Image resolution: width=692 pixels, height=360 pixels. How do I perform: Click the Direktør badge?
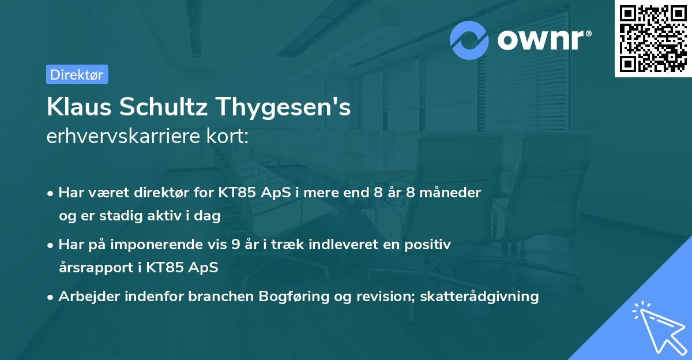tap(77, 75)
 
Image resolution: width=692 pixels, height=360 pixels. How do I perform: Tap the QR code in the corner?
tap(653, 38)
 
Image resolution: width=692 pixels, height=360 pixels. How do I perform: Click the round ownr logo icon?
tap(469, 40)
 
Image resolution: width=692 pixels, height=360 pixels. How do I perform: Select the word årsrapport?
tap(92, 268)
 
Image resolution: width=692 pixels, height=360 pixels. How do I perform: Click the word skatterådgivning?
tap(480, 297)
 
